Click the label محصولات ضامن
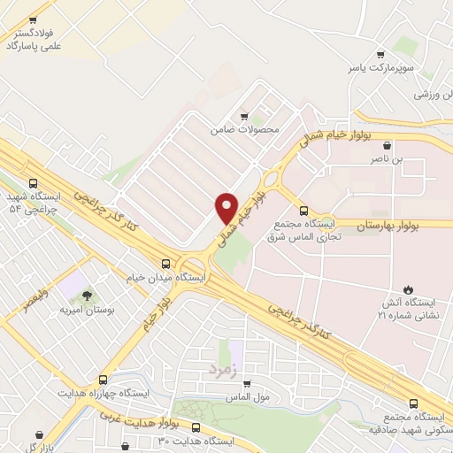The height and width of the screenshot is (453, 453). click(244, 129)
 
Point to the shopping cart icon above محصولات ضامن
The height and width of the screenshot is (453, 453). click(245, 115)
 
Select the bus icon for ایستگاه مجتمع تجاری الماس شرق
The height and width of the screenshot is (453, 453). click(304, 211)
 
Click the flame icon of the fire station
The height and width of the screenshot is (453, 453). click(407, 288)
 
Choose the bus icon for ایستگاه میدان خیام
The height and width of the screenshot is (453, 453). click(165, 263)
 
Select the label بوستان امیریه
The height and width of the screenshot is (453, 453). click(84, 311)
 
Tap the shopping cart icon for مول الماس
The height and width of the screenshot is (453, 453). click(246, 383)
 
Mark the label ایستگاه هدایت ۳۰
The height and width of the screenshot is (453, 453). click(195, 441)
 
